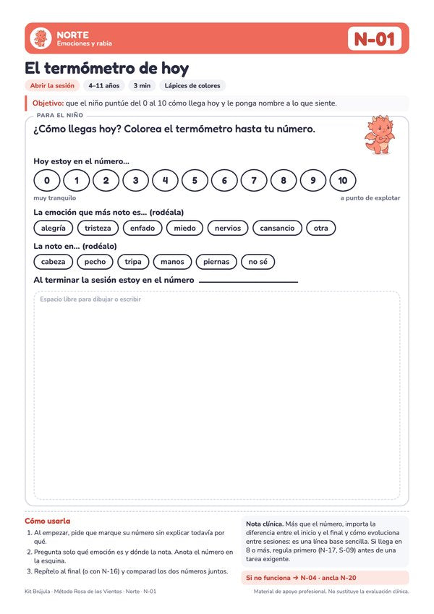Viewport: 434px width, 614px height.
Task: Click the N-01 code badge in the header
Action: pos(375,38)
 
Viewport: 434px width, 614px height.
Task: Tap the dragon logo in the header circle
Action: pos(41,38)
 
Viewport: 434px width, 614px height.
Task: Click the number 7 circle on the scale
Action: pos(254,181)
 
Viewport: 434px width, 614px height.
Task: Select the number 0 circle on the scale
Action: pos(47,181)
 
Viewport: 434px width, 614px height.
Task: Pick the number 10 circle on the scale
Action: pos(343,181)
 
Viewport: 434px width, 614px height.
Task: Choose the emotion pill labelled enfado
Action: pos(142,229)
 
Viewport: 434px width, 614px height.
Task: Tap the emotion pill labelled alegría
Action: pos(54,229)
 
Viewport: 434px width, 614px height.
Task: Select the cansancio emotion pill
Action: pos(277,229)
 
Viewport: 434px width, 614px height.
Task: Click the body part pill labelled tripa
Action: pos(133,262)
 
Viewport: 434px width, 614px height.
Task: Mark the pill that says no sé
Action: pos(258,262)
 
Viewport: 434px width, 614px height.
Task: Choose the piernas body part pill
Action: pos(216,262)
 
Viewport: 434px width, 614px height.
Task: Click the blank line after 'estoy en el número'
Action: pos(248,282)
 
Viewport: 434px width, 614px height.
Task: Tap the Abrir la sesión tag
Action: pos(52,86)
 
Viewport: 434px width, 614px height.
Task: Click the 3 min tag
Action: pos(142,86)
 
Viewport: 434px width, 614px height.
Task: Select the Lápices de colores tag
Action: pos(192,86)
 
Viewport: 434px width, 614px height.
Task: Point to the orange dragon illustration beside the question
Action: pos(379,135)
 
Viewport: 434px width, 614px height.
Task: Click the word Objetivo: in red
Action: pos(48,103)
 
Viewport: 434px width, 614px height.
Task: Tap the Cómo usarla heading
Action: pos(48,521)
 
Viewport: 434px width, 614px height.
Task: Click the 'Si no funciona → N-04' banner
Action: pos(325,578)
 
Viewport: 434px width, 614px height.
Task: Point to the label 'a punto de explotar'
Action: pos(370,198)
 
